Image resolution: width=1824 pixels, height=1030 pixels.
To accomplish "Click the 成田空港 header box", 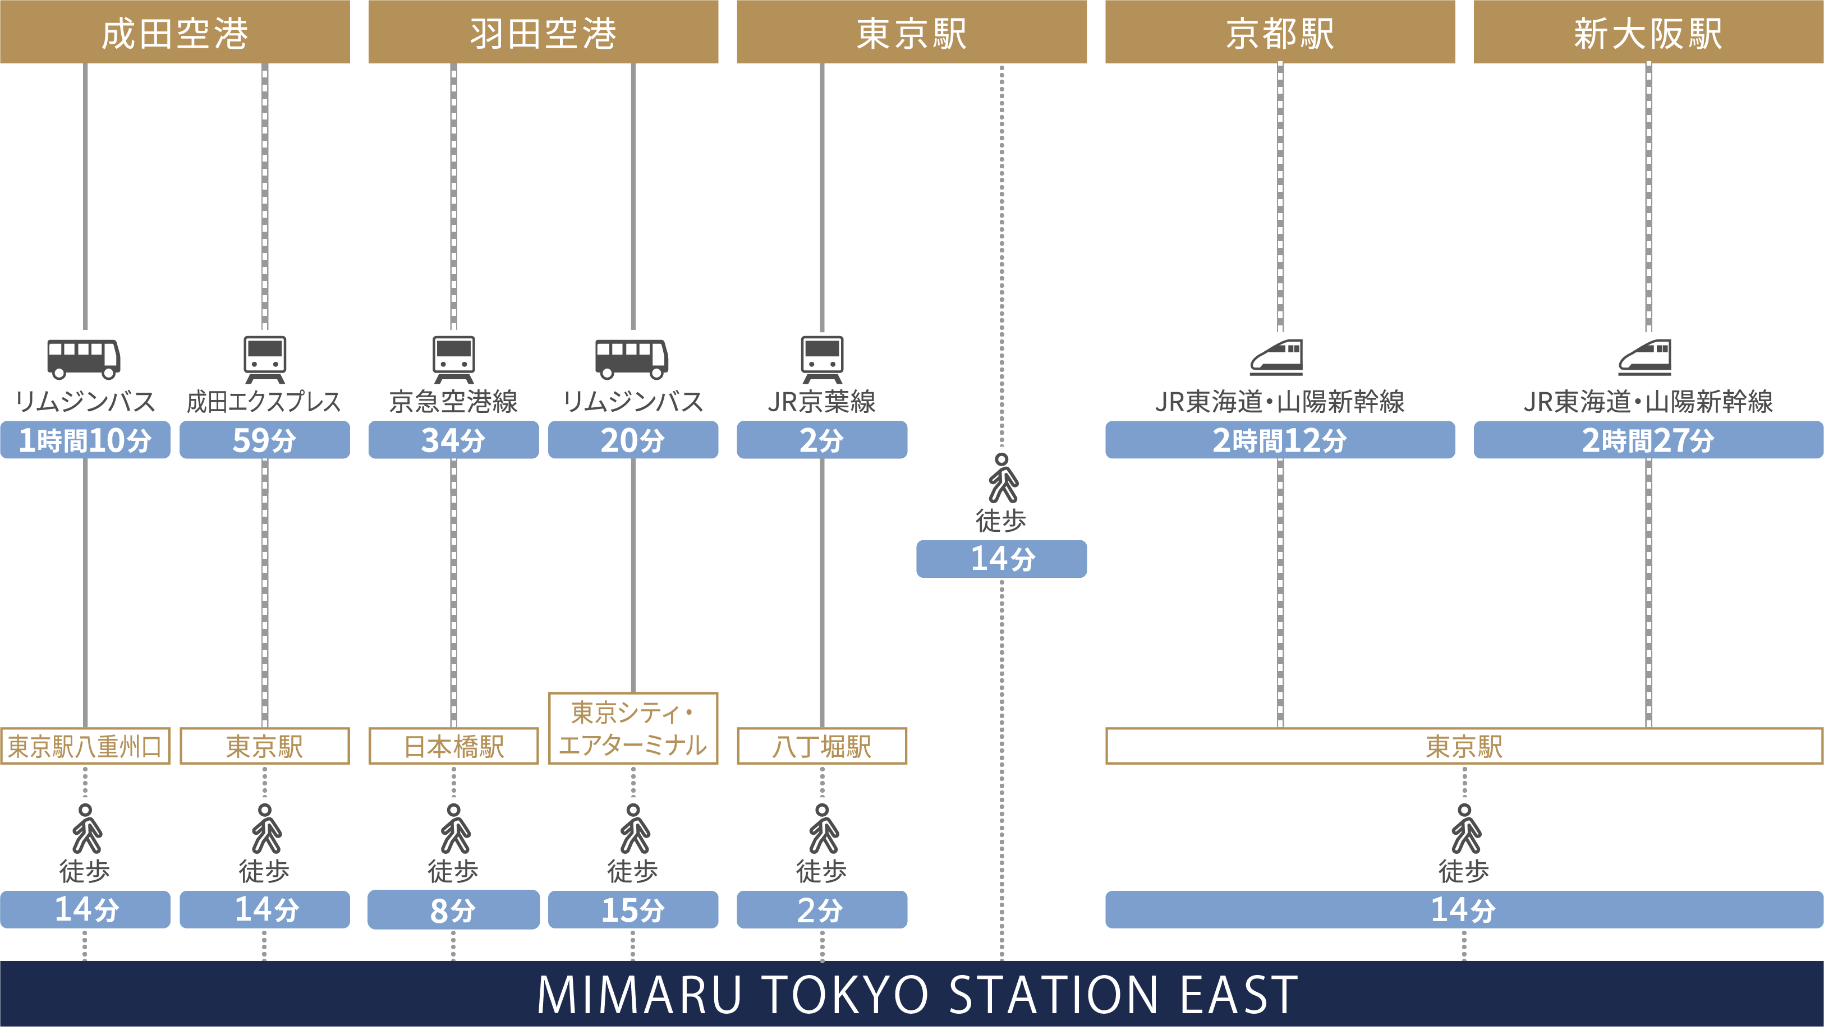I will (x=175, y=33).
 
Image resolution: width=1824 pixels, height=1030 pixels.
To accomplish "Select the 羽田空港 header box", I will (x=543, y=33).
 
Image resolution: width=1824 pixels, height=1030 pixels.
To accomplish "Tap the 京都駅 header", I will (x=1279, y=33).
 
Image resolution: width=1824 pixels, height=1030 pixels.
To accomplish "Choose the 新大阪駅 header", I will (x=1648, y=33).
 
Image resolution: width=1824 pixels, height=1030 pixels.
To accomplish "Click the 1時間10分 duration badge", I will (x=85, y=440).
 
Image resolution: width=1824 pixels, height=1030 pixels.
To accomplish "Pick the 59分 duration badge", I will (x=264, y=440).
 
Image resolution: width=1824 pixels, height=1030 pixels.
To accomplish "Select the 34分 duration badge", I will (x=453, y=440).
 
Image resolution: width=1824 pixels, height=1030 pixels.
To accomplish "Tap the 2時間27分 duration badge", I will (x=1648, y=440).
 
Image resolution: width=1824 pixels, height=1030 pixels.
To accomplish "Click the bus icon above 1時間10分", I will (x=84, y=358).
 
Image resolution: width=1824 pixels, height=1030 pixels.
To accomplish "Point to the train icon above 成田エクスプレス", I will (x=265, y=358).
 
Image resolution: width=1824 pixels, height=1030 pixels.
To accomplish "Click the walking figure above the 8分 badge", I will (x=454, y=829).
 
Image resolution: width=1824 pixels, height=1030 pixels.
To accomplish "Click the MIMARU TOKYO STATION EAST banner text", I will (x=917, y=995).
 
